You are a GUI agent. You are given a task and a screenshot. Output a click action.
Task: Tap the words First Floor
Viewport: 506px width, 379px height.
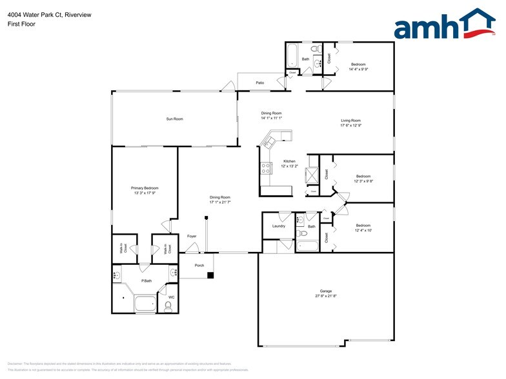pyautogui.click(x=22, y=24)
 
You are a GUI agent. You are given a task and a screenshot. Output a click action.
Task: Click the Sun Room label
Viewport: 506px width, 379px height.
pyautogui.click(x=174, y=119)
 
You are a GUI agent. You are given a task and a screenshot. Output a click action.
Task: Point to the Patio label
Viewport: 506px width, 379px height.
pyautogui.click(x=259, y=83)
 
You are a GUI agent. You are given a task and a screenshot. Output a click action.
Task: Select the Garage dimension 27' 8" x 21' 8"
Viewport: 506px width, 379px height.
pyautogui.click(x=325, y=296)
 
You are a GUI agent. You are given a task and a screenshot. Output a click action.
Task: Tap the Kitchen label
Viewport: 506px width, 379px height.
pyautogui.click(x=289, y=161)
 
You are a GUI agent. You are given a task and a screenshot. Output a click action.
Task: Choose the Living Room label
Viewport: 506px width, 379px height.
pyautogui.click(x=350, y=121)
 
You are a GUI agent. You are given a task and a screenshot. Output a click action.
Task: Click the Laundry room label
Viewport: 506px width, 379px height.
pyautogui.click(x=278, y=226)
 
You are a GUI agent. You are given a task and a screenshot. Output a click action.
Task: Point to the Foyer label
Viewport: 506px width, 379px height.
pyautogui.click(x=192, y=236)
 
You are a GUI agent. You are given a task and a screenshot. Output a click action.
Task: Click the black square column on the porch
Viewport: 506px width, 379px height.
pyautogui.click(x=210, y=275)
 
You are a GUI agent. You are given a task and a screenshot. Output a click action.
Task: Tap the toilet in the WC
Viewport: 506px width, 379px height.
pyautogui.click(x=168, y=306)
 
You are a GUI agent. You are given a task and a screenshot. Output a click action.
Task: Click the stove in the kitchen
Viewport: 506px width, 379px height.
pyautogui.click(x=265, y=169)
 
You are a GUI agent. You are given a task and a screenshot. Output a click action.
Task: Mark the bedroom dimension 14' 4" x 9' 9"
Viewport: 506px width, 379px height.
pyautogui.click(x=358, y=69)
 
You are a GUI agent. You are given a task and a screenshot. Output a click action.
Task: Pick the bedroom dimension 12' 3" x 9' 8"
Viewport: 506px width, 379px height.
pyautogui.click(x=363, y=181)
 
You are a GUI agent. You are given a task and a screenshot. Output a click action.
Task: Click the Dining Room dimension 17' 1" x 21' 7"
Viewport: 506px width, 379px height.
pyautogui.click(x=219, y=202)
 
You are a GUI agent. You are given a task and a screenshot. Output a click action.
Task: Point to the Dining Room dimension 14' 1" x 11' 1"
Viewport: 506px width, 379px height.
pyautogui.click(x=271, y=118)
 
